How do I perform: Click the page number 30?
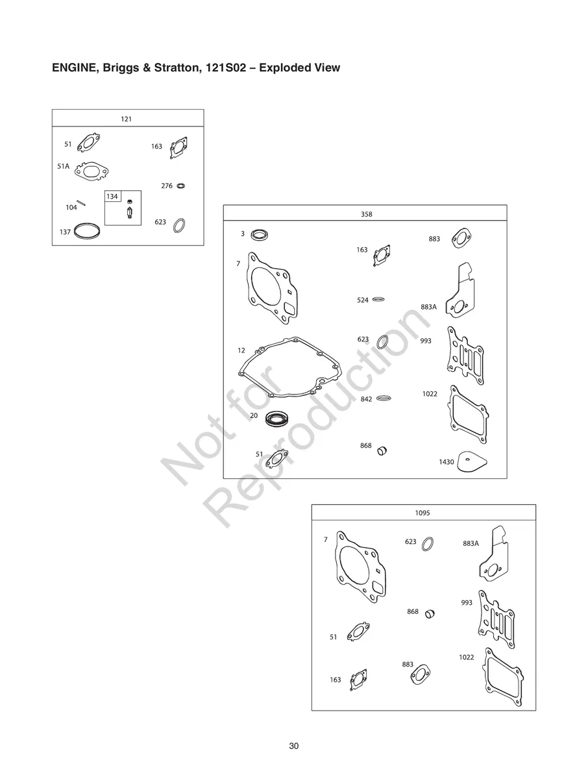[x=293, y=746]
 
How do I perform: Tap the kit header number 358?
[x=366, y=214]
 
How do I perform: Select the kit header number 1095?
[x=423, y=513]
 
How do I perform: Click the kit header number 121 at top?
[x=126, y=119]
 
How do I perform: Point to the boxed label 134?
[x=112, y=197]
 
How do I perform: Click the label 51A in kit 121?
[x=63, y=166]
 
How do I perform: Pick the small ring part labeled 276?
[x=181, y=186]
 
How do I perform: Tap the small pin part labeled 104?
[x=81, y=202]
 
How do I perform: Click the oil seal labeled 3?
[x=260, y=235]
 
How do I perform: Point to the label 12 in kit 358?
[x=241, y=350]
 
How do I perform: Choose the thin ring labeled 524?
[x=378, y=299]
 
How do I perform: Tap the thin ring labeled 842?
[x=384, y=398]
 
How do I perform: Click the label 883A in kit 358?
[x=428, y=307]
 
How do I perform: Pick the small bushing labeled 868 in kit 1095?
[x=430, y=614]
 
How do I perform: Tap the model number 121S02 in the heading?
[x=226, y=67]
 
